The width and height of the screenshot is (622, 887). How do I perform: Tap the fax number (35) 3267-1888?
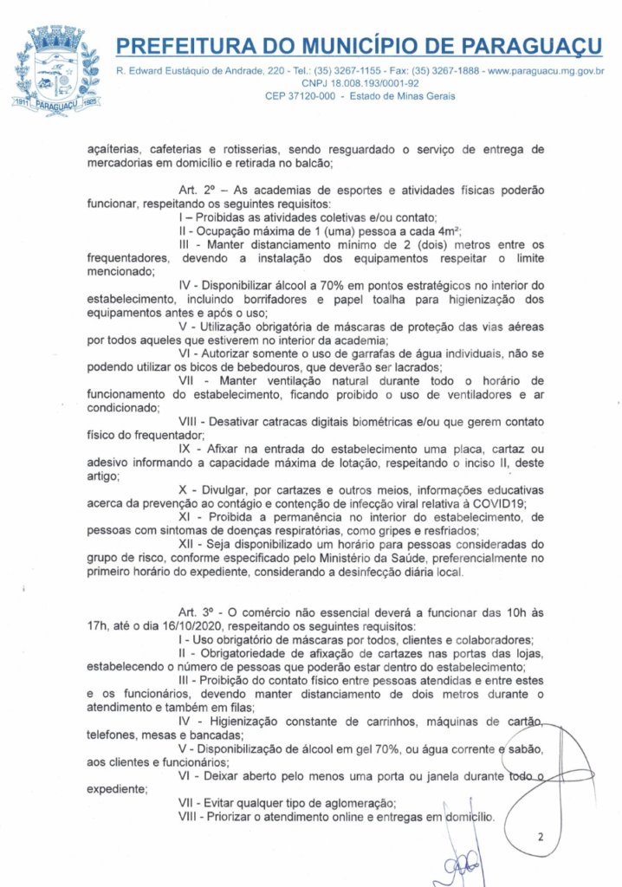[441, 69]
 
